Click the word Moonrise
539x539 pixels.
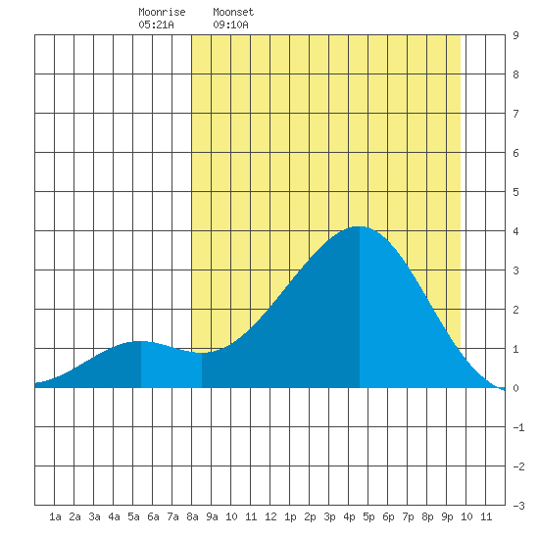(x=162, y=12)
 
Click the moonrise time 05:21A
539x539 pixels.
(x=157, y=24)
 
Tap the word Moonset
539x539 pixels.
(x=233, y=12)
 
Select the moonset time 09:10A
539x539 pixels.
(x=230, y=24)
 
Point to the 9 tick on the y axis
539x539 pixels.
(x=515, y=35)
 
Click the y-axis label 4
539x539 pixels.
(x=515, y=231)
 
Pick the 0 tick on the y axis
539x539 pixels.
(x=515, y=388)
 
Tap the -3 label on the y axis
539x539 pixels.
(x=518, y=506)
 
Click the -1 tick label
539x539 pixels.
(x=518, y=427)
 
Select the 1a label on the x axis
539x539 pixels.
(x=55, y=516)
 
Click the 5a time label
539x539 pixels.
(x=133, y=516)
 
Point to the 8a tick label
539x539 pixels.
(x=192, y=516)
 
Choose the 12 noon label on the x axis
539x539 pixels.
(x=270, y=516)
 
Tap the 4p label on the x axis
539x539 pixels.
(x=349, y=516)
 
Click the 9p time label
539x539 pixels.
(x=447, y=516)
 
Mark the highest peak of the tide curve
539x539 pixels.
(x=360, y=226)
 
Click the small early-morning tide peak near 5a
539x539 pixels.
(x=140, y=341)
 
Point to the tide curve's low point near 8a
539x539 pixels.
(x=202, y=353)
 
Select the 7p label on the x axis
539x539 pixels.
(x=408, y=516)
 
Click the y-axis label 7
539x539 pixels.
(x=515, y=114)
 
